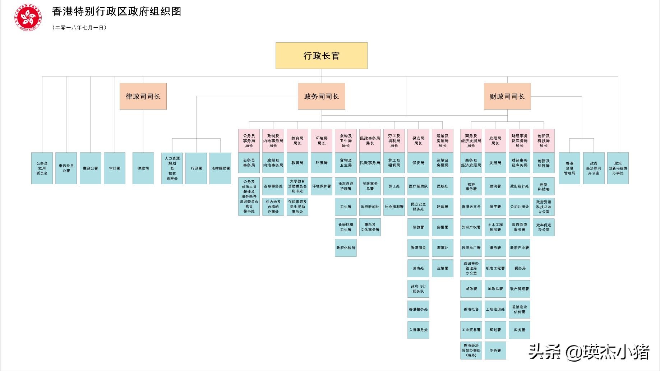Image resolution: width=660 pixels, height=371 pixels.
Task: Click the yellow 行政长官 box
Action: [321, 56]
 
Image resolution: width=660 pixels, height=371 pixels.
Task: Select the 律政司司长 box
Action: [143, 96]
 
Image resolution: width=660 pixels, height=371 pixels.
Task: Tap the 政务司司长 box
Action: [321, 96]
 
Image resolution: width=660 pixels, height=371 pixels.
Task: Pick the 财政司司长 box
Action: [507, 96]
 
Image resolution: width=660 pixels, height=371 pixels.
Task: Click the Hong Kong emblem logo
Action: [28, 17]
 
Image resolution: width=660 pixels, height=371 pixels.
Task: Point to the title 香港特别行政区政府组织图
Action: [116, 11]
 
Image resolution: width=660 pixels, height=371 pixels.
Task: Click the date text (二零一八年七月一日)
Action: [79, 27]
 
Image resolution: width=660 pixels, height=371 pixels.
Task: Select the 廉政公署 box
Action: [90, 168]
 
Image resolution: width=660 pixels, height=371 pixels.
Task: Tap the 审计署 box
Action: [115, 168]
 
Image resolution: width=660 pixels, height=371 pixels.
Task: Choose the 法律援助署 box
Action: [220, 168]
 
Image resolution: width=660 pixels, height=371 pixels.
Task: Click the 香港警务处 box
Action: [418, 309]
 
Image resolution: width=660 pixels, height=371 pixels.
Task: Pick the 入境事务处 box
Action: [418, 330]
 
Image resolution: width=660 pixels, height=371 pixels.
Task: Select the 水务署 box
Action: [495, 350]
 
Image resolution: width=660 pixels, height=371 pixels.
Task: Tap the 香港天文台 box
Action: [471, 207]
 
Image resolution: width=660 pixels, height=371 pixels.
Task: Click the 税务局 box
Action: [520, 268]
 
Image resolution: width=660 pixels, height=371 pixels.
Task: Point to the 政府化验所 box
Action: [346, 248]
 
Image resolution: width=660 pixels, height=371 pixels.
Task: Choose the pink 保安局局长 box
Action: [418, 140]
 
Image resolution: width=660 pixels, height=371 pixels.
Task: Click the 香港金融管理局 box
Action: [569, 168]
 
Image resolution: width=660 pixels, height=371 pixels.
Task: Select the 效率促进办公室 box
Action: [544, 227]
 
